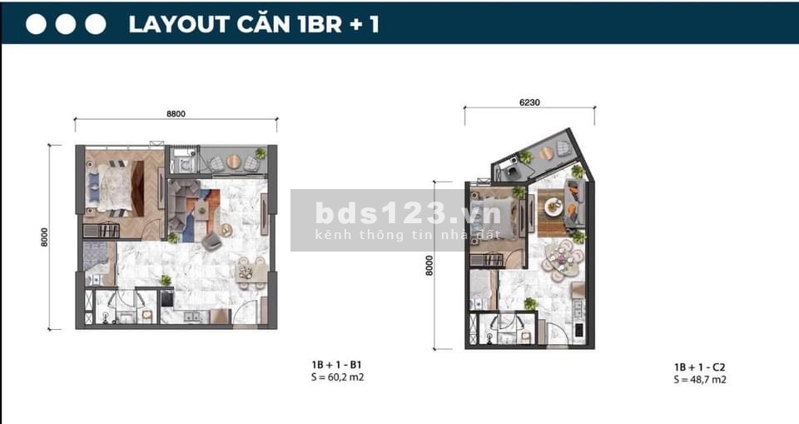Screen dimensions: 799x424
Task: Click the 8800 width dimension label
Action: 176,114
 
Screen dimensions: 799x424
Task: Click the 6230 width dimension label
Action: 529,102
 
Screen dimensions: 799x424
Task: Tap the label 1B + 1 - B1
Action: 336,365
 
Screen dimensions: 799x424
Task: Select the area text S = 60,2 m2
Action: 337,377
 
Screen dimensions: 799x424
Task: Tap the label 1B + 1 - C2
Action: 700,367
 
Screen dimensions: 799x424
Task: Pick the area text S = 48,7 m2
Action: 700,380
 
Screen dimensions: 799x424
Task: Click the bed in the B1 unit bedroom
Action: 115,187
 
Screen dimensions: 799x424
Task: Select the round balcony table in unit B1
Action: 233,162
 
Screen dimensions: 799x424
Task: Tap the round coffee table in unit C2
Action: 553,207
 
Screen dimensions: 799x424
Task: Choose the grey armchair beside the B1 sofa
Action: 211,241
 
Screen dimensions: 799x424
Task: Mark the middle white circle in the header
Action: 66,24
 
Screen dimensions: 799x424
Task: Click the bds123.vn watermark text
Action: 408,213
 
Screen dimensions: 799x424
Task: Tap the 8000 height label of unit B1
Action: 44,237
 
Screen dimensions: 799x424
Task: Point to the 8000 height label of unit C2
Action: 429,266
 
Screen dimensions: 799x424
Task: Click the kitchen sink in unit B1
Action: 191,317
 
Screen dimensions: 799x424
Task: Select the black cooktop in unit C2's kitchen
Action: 579,330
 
